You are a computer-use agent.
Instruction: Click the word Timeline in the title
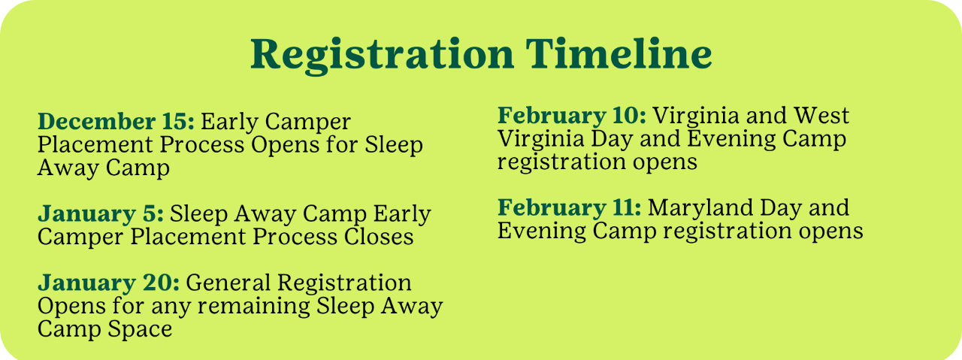click(619, 53)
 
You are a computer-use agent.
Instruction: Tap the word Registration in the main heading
click(383, 56)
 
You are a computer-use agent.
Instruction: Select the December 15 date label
click(116, 121)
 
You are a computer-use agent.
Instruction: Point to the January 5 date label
click(101, 213)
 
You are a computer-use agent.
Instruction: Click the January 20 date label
click(109, 283)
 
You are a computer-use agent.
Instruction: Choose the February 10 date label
click(572, 116)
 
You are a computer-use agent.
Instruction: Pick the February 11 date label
click(570, 207)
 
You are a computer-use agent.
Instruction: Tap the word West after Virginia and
click(821, 116)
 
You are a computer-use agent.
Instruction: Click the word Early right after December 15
click(230, 123)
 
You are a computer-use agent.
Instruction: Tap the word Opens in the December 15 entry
click(286, 146)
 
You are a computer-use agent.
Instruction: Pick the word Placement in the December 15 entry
click(95, 144)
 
